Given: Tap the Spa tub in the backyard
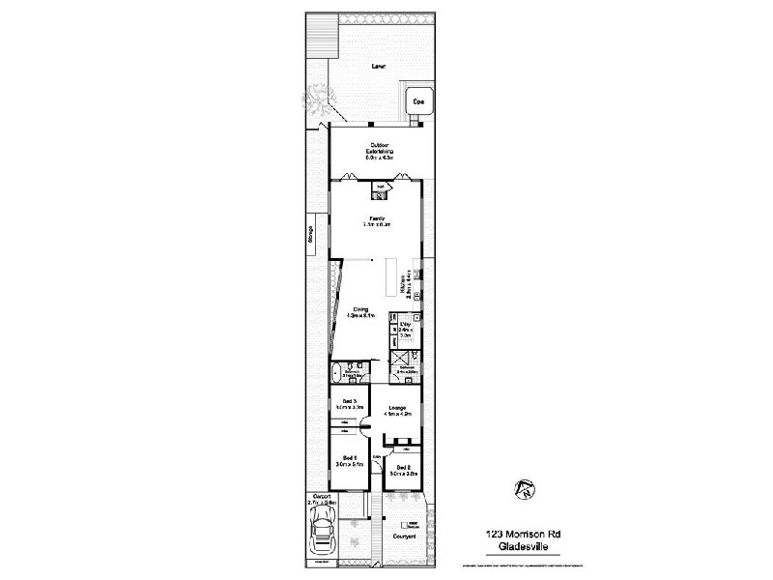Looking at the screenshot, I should (x=419, y=101).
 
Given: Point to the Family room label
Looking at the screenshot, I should (x=376, y=221).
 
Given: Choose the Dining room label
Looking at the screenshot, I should (x=358, y=311).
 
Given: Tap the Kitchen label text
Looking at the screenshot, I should (x=411, y=284).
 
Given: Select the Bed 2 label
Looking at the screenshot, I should (x=404, y=471).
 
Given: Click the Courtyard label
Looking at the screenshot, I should (x=403, y=536).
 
